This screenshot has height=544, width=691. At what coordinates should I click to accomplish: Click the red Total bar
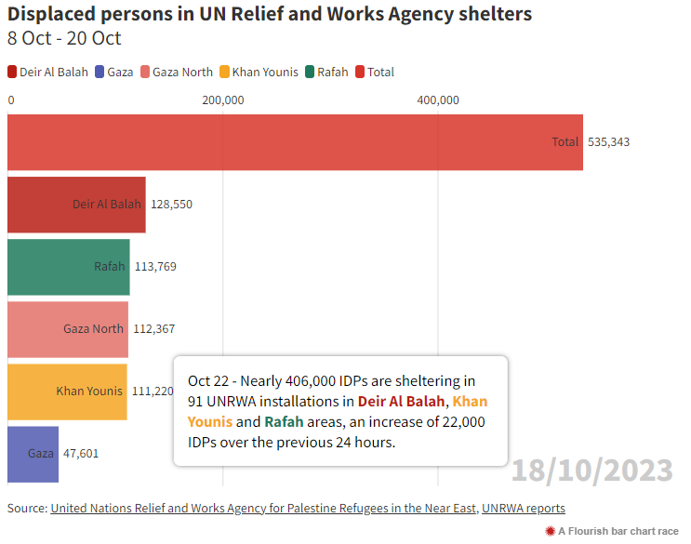295,142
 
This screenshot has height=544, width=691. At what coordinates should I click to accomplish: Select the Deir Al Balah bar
76,205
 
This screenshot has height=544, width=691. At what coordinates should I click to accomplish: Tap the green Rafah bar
68,267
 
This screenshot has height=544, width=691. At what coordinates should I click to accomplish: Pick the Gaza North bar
67,329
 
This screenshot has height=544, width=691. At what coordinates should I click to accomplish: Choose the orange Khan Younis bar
67,391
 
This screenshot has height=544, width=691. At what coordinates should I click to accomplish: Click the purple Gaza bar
33,454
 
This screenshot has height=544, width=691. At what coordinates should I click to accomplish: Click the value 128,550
171,205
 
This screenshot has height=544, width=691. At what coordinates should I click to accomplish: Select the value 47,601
81,454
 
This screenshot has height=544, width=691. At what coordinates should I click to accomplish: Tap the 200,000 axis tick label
222,100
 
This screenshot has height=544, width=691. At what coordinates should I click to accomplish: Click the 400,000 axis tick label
437,100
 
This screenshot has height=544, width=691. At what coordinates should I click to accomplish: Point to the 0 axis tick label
11,100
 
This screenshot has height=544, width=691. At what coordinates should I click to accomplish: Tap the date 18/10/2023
591,470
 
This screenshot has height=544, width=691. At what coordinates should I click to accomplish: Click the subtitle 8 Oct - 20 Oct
64,39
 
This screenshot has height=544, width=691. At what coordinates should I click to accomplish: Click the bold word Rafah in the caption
283,422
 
